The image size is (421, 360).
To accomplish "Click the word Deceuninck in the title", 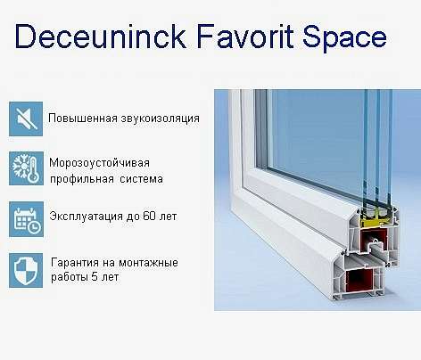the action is [101, 37].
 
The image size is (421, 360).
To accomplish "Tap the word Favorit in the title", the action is [245, 37].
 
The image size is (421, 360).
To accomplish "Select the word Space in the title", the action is [344, 39].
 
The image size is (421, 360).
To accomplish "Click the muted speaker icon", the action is [26, 119].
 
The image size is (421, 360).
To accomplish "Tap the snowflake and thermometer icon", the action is [26, 168].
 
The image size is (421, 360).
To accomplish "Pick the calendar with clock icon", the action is [26, 219].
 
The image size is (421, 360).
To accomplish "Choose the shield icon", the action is [26, 270].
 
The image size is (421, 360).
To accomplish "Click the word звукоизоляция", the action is [160, 119].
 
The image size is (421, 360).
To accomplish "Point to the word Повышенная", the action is [83, 118].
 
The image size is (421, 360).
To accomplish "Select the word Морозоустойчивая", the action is [99, 164].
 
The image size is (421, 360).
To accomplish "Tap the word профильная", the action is [82, 179].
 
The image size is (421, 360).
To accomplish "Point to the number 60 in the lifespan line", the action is [149, 216].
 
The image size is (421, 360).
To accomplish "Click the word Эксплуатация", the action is [87, 217].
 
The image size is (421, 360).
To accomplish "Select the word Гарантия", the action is [75, 263].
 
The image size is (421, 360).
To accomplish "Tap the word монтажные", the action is [148, 263].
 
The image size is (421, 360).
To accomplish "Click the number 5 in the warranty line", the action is [95, 277].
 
